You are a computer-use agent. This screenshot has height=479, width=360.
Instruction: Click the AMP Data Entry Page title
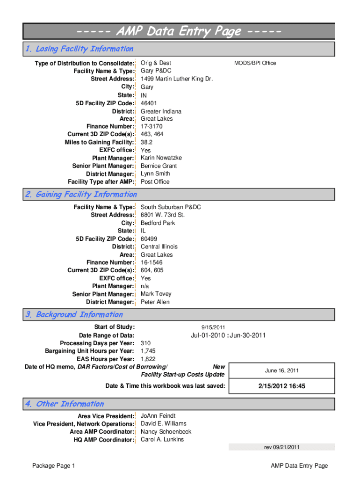pyautogui.click(x=179, y=32)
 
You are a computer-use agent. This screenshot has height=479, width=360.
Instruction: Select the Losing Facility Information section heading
pyautogui.click(x=79, y=49)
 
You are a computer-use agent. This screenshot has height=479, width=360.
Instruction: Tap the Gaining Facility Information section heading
pyautogui.click(x=81, y=195)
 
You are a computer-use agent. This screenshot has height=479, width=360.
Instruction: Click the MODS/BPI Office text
pyautogui.click(x=255, y=63)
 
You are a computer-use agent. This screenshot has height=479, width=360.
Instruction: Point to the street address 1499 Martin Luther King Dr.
pyautogui.click(x=176, y=79)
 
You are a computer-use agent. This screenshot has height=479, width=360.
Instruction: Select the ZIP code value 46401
pyautogui.click(x=149, y=103)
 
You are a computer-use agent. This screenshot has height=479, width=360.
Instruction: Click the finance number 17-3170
pyautogui.click(x=151, y=126)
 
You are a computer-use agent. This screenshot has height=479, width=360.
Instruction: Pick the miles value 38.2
pyautogui.click(x=146, y=142)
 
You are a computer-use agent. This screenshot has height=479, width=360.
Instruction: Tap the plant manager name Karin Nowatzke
pyautogui.click(x=161, y=158)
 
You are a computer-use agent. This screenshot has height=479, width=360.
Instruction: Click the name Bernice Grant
pyautogui.click(x=158, y=166)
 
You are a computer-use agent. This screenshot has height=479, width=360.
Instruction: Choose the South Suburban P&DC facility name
pyautogui.click(x=170, y=207)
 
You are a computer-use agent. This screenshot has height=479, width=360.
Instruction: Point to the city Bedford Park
pyautogui.click(x=158, y=223)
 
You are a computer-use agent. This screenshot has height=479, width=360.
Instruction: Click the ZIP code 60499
pyautogui.click(x=149, y=239)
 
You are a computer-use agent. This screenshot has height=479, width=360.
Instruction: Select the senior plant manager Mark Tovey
pyautogui.click(x=156, y=294)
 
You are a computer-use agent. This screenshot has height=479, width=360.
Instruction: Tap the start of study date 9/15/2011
pyautogui.click(x=213, y=327)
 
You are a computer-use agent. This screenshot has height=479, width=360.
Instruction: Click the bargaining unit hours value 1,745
pyautogui.click(x=148, y=351)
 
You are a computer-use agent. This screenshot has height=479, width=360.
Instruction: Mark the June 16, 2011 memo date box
pyautogui.click(x=281, y=371)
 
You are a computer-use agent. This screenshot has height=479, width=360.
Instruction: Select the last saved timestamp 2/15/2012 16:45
pyautogui.click(x=281, y=386)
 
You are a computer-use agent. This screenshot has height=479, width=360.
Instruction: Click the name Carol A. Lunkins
pyautogui.click(x=162, y=440)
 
